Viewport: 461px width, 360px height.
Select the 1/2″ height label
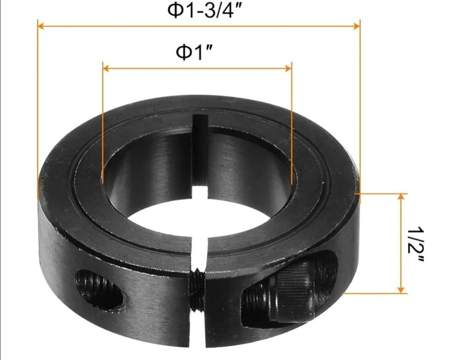(416, 244)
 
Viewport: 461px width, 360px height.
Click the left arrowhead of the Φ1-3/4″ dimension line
(41, 26)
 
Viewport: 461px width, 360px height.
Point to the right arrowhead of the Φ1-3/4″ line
(357, 26)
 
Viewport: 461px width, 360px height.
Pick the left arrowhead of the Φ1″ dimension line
(106, 68)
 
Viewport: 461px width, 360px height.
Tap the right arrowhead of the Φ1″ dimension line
(288, 68)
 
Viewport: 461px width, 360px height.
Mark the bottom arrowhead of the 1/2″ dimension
(401, 290)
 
